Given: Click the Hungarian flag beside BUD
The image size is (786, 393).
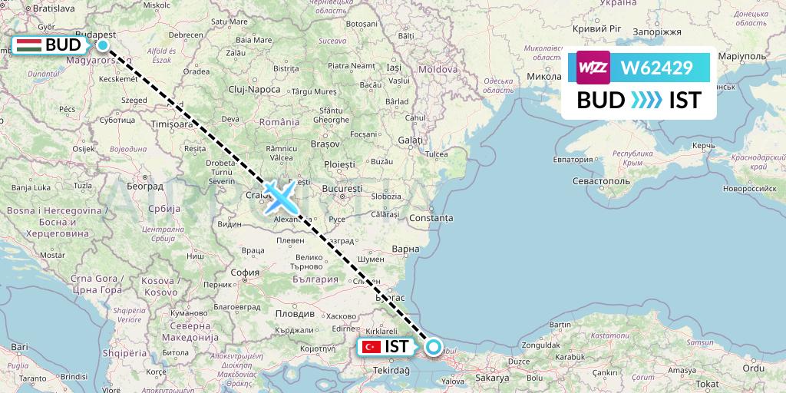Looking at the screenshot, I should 28,45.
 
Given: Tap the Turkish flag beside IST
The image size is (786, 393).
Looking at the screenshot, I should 372,347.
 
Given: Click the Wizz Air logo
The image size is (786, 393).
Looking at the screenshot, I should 593,68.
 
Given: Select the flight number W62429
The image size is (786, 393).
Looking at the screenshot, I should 656,68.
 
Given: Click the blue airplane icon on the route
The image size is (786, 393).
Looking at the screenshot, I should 281,196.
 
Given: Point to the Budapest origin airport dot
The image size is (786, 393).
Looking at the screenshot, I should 102,45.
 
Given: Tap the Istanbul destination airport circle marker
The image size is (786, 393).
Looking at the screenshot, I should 434,347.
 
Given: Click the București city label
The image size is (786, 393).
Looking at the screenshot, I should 342,188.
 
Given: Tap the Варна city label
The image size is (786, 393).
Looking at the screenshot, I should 405,249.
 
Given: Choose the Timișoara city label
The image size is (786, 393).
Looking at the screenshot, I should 171,124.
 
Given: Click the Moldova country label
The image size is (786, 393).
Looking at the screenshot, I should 438,69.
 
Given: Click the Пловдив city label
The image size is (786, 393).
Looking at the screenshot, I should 296,314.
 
